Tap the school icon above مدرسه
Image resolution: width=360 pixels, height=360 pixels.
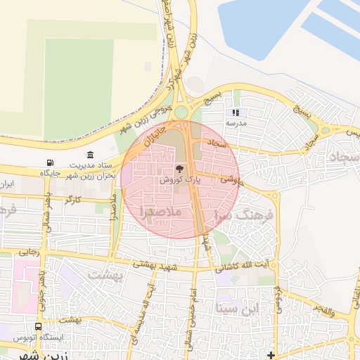(x=236, y=112)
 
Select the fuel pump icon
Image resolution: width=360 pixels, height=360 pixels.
(x=49, y=164)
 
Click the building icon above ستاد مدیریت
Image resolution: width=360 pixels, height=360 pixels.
(x=89, y=155)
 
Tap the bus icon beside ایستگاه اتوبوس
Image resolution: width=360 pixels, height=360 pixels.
(x=37, y=327)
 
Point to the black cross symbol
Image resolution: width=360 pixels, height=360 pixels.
(x=271, y=355)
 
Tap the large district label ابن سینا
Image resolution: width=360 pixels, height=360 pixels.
(x=238, y=308)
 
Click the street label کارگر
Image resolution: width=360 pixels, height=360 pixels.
(x=72, y=200)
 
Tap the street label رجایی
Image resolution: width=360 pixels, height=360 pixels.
(x=28, y=250)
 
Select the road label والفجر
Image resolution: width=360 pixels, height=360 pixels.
(x=330, y=310)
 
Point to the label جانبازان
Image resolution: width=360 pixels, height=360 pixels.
(x=155, y=135)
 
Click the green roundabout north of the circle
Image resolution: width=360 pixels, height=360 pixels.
(x=181, y=112)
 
